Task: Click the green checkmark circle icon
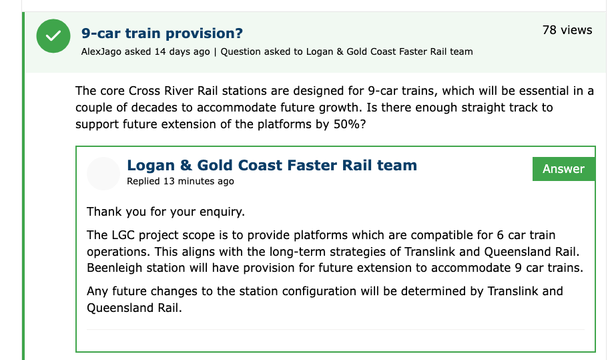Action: point(53,36)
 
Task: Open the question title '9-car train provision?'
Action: point(162,33)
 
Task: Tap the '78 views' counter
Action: point(567,30)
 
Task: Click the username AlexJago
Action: point(101,51)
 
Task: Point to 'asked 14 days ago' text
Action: point(168,51)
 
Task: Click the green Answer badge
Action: point(564,169)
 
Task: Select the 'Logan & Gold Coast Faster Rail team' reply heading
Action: point(272,166)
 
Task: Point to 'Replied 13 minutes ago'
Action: point(180,181)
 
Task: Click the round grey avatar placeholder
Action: point(103,174)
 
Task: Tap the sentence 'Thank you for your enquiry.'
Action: point(166,212)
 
